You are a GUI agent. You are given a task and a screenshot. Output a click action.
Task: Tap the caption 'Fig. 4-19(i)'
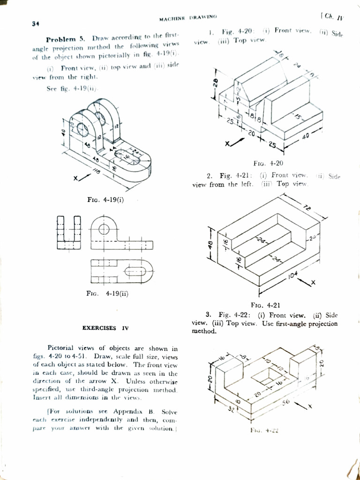tap(105, 200)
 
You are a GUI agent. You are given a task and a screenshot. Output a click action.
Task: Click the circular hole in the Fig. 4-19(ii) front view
tap(104, 229)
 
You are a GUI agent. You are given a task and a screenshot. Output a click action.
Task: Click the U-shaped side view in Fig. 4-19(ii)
tap(68, 232)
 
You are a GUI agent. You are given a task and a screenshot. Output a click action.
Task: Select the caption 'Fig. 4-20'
tap(268, 164)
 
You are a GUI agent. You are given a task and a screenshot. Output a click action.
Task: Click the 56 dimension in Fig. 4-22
tap(286, 402)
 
